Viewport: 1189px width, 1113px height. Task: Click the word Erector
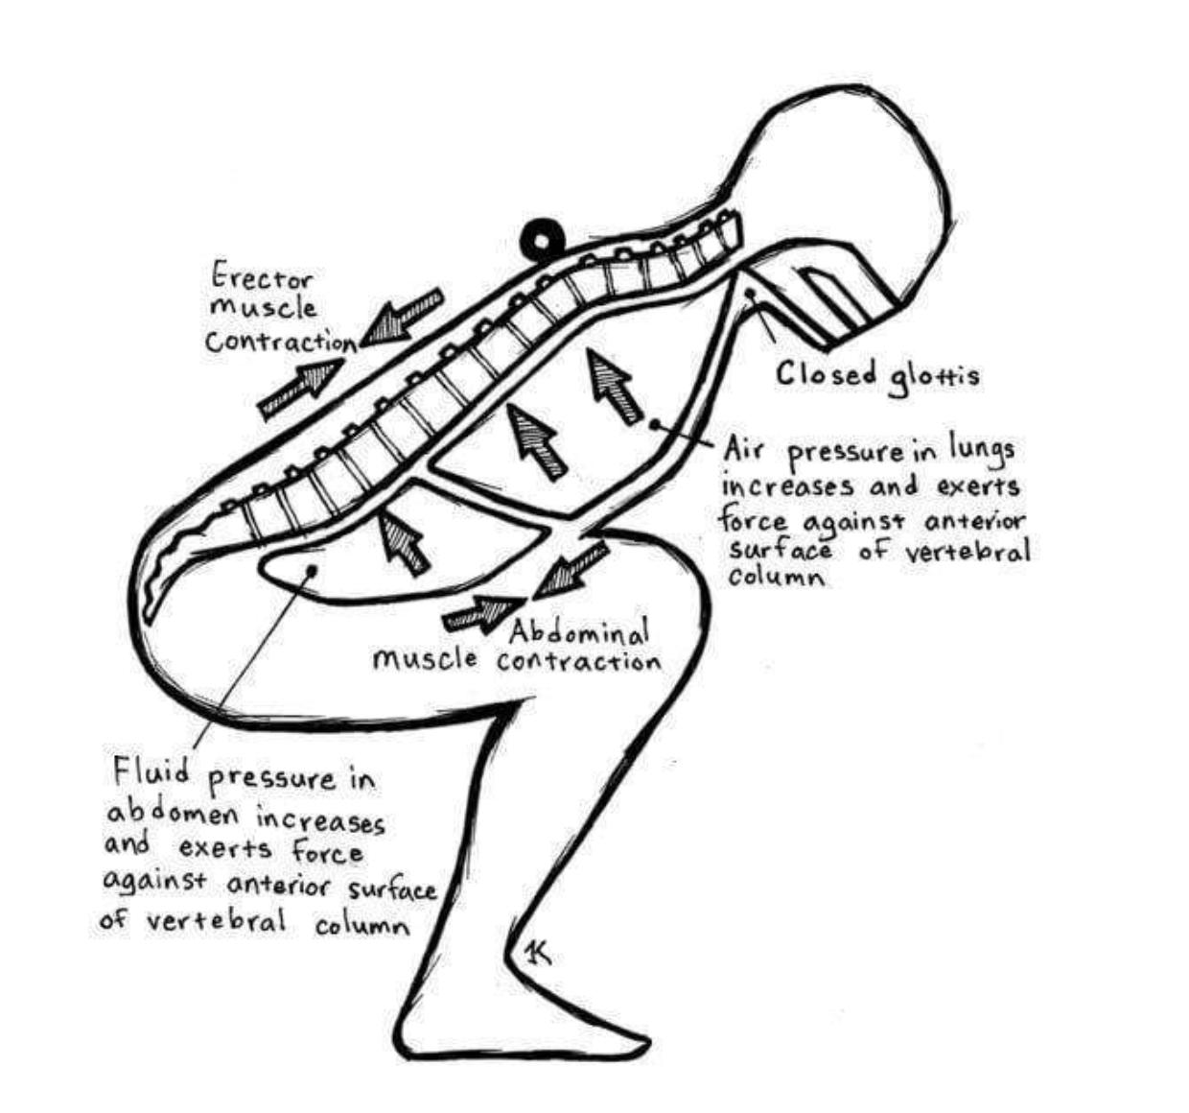click(x=262, y=278)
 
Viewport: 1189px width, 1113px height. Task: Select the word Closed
click(x=826, y=373)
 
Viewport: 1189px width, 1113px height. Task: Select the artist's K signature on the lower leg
click(x=537, y=952)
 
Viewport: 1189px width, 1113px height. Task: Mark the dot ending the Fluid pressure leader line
click(x=310, y=572)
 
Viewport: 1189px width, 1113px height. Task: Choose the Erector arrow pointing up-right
click(x=302, y=388)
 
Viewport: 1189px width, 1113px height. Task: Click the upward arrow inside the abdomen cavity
click(x=402, y=543)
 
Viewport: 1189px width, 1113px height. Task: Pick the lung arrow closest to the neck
click(x=613, y=386)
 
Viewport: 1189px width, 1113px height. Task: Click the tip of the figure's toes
click(x=642, y=1038)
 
